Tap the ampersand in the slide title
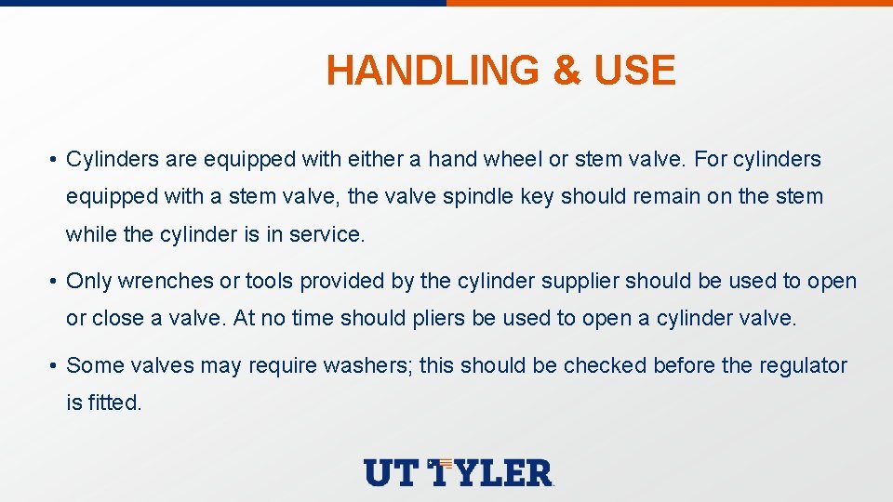tap(566, 71)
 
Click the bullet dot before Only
tap(56, 282)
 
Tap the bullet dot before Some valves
tap(56, 366)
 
